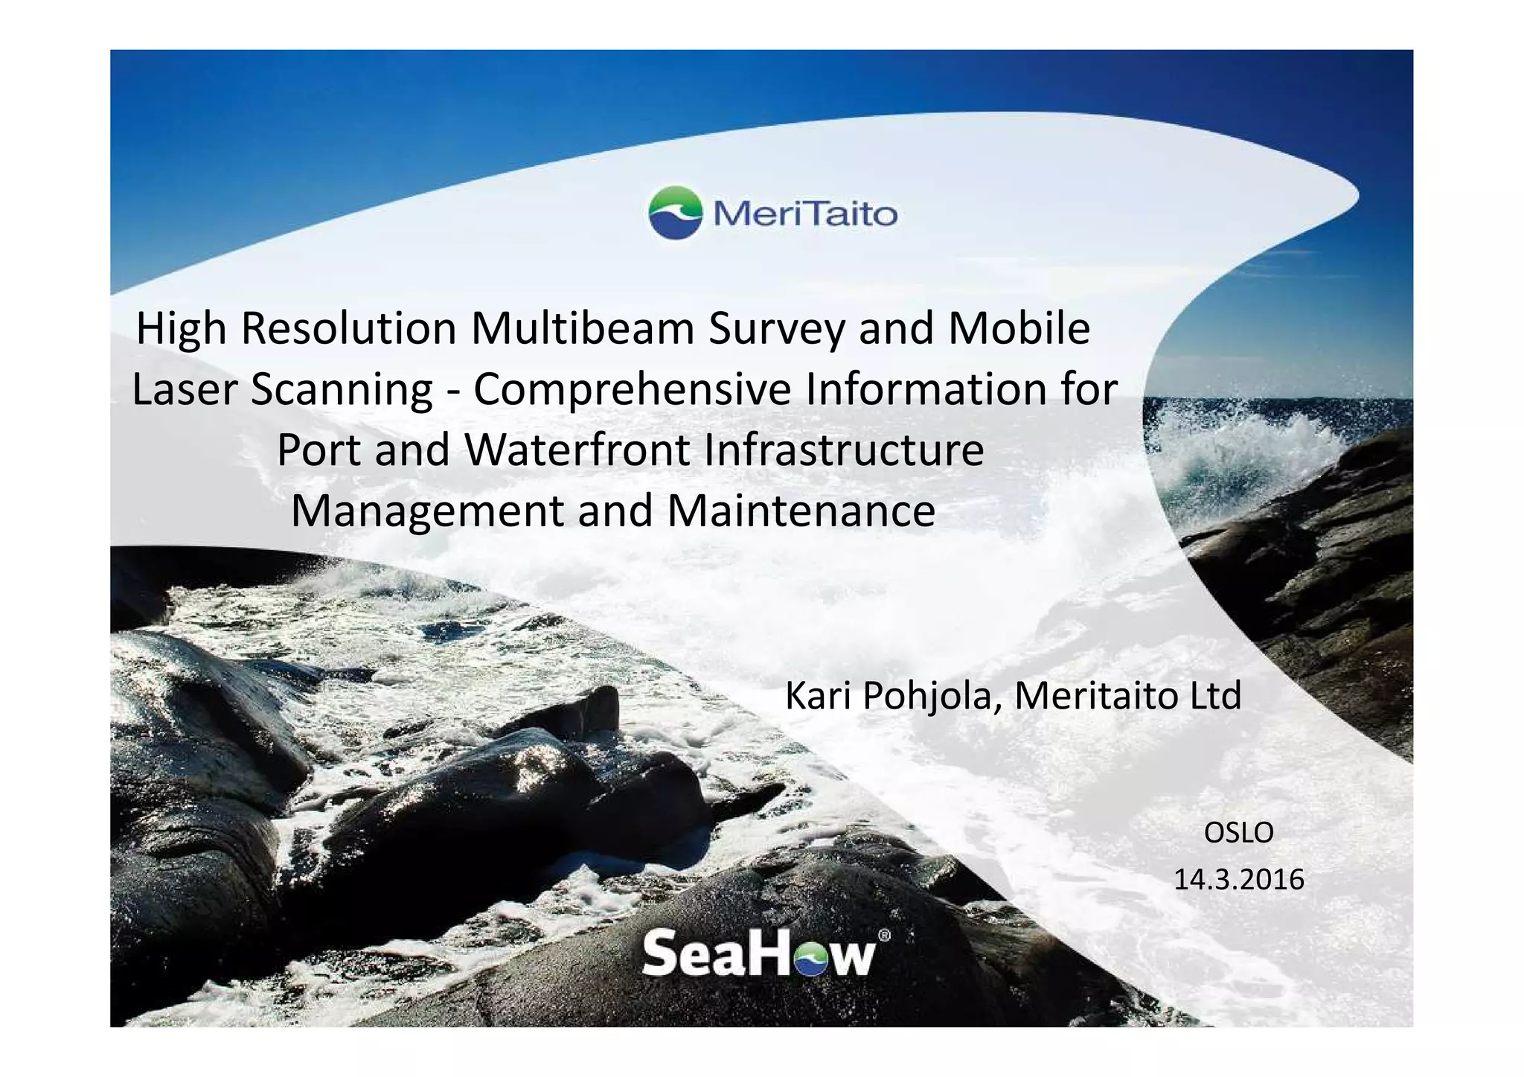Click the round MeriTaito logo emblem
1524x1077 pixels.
point(675,213)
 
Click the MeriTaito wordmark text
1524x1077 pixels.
point(805,215)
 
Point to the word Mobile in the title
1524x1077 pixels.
point(1019,328)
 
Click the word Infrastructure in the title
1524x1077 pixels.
point(843,450)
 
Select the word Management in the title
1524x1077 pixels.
point(426,511)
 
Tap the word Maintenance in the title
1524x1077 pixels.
point(801,511)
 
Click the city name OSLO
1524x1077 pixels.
point(1239,833)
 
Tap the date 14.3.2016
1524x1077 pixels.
point(1239,880)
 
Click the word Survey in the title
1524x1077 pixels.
point(776,328)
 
